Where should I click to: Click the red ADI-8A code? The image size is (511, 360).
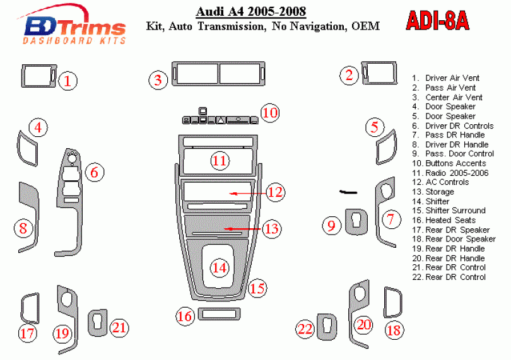437,21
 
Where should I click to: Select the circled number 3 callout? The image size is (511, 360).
158,80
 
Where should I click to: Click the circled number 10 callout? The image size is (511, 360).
270,113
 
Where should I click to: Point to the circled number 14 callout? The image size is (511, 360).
220,268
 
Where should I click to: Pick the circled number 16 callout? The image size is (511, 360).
185,316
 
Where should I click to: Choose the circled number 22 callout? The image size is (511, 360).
305,329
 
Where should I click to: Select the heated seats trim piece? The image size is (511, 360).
219,314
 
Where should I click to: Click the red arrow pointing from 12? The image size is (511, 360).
248,194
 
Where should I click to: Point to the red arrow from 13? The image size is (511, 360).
242,229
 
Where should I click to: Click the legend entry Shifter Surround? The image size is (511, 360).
449,211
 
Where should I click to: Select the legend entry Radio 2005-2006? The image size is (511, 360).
450,173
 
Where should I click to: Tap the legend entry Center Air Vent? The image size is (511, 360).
447,98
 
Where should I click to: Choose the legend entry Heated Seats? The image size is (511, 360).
444,220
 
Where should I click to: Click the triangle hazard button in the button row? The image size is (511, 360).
221,120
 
